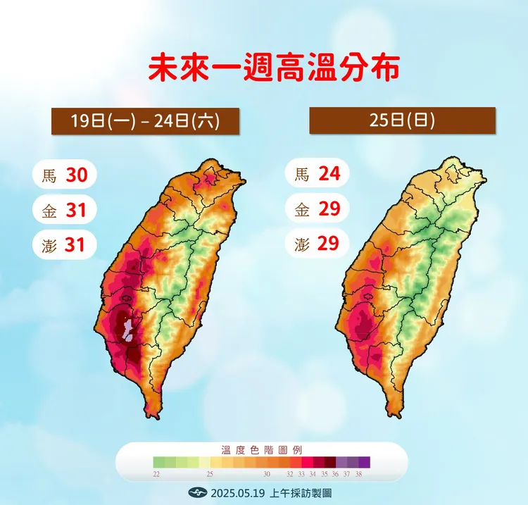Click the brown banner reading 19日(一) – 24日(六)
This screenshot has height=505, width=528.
(x=145, y=120)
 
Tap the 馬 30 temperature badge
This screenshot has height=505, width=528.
(x=64, y=175)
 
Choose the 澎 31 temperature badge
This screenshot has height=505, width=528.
(x=64, y=244)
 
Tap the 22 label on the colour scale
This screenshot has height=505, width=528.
(x=157, y=475)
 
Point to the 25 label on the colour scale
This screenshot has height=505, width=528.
(x=210, y=475)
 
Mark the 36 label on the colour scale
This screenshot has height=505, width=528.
(x=335, y=475)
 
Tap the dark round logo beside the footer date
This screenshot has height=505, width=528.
(x=196, y=492)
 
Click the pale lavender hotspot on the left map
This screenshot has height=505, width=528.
(x=127, y=328)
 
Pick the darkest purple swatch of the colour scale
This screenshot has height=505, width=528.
(x=364, y=462)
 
